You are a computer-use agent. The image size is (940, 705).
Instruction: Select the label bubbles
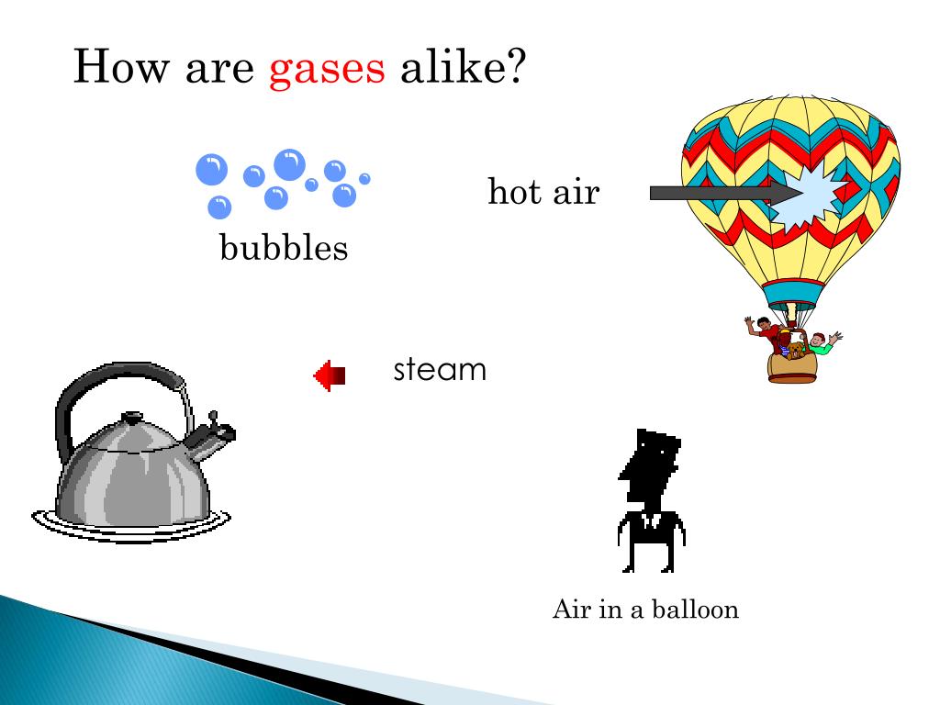click(284, 248)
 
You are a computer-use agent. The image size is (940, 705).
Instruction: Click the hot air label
click(543, 193)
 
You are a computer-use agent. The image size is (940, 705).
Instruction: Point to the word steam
click(440, 371)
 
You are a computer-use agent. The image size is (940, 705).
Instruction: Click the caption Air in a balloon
click(645, 610)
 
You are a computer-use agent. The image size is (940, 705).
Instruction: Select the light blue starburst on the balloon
click(812, 196)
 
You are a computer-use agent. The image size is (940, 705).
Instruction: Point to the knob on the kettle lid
click(132, 417)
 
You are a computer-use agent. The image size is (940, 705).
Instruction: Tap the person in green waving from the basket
click(820, 343)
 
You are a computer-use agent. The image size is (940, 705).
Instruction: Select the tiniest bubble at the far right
click(364, 179)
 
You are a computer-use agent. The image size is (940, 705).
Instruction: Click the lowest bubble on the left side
click(219, 207)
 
